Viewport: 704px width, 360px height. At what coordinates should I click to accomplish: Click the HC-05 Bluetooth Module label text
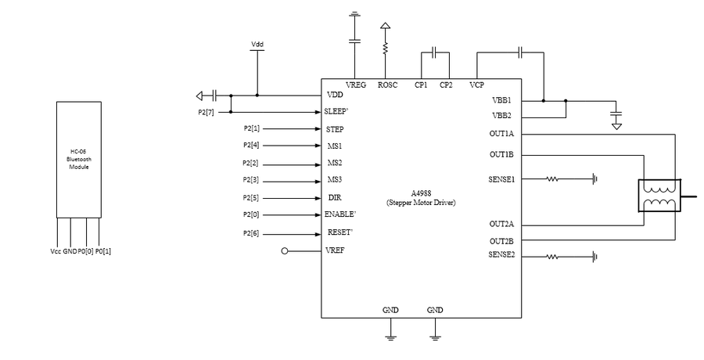(x=79, y=159)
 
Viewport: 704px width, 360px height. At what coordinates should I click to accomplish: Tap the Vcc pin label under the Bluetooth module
(x=56, y=251)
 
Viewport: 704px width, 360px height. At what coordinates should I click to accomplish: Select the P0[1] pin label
(x=102, y=251)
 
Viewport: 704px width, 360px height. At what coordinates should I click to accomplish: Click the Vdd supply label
(x=257, y=44)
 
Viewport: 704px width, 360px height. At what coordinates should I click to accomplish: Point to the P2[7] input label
(x=206, y=113)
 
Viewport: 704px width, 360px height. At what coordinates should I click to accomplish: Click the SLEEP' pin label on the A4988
(x=336, y=111)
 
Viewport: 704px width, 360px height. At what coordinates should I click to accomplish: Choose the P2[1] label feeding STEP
(x=251, y=128)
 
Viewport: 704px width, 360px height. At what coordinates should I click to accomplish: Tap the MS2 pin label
(x=335, y=163)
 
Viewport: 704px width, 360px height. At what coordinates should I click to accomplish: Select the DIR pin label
(x=335, y=198)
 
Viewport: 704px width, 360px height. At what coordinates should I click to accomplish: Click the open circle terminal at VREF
(x=284, y=251)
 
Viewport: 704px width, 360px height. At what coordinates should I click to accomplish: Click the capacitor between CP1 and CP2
(x=434, y=52)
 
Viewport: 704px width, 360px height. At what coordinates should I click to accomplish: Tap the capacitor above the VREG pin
(x=354, y=41)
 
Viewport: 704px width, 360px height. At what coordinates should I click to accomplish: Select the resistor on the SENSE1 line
(x=552, y=179)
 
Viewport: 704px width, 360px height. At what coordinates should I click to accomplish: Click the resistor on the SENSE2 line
(x=552, y=257)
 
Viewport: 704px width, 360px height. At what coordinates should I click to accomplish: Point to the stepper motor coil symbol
(x=659, y=196)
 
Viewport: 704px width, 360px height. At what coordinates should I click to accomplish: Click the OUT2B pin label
(x=501, y=241)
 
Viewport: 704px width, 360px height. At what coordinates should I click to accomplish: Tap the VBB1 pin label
(x=502, y=100)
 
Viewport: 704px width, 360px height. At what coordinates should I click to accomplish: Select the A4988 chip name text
(x=421, y=193)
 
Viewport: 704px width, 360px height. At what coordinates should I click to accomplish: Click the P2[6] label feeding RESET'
(x=251, y=234)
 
